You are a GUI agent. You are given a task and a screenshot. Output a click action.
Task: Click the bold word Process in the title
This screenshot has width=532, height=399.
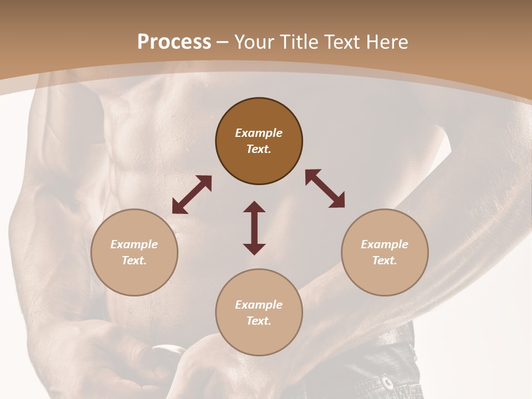174,42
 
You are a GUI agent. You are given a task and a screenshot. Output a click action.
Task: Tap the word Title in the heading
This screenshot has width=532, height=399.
299,42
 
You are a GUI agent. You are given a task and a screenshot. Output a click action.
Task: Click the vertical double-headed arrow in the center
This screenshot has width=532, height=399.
254,228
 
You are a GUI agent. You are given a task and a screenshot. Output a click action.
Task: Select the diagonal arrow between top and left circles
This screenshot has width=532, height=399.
192,195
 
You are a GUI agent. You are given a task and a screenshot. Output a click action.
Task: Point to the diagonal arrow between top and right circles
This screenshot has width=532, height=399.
325,188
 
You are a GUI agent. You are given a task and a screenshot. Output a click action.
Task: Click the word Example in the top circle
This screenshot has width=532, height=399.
259,133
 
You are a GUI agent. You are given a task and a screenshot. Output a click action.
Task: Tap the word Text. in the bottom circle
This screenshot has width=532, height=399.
259,321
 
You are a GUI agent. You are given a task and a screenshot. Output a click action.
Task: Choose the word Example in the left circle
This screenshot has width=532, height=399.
134,244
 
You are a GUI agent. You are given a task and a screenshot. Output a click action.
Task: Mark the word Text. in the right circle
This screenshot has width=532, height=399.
385,260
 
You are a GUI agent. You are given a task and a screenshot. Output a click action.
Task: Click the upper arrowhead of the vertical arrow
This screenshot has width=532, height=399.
254,207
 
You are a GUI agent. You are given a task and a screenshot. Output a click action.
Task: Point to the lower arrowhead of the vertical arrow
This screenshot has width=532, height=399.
254,249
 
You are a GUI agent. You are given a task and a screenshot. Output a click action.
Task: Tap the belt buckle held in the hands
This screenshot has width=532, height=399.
168,350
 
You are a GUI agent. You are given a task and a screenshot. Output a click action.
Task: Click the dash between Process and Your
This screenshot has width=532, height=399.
223,42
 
